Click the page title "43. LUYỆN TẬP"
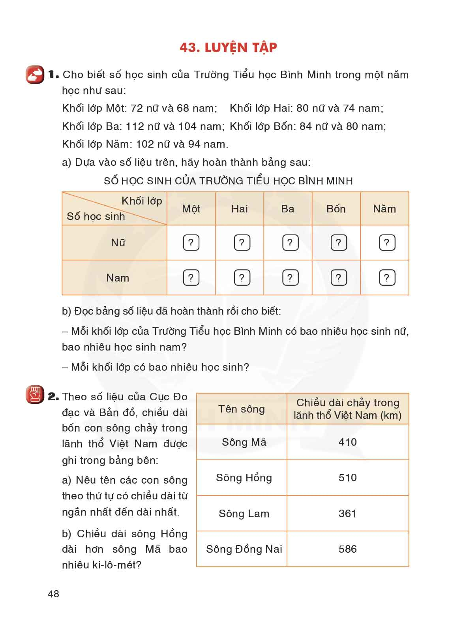click(x=228, y=47)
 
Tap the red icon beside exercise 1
click(x=35, y=75)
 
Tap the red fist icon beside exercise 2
click(x=35, y=395)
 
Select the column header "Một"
click(x=191, y=209)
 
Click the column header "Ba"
click(x=288, y=209)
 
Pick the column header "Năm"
click(x=384, y=209)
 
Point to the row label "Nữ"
click(x=118, y=243)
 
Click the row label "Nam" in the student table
click(x=118, y=278)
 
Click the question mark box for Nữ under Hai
click(x=242, y=243)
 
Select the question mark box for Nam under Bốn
click(x=338, y=278)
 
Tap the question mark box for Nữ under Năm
click(x=387, y=243)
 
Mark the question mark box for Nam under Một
click(x=191, y=278)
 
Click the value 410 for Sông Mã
click(x=347, y=442)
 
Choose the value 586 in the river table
click(x=347, y=549)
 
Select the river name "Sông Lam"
click(x=244, y=514)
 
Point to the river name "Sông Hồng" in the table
click(x=244, y=478)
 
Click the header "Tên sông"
click(x=242, y=409)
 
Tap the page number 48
click(x=53, y=594)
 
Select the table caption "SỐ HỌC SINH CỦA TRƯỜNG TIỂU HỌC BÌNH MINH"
click(x=228, y=181)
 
